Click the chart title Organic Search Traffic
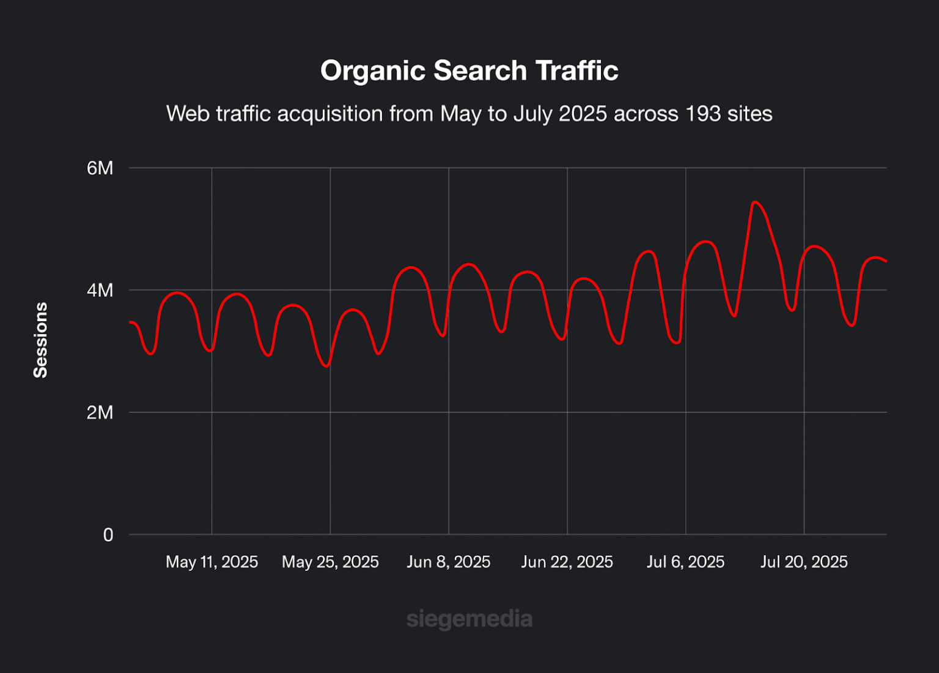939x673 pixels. point(469,70)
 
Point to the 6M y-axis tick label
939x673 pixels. point(100,168)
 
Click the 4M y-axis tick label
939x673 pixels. point(100,290)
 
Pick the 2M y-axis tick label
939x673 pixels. point(100,412)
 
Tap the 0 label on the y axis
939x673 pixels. point(108,535)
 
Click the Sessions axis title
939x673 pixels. point(40,340)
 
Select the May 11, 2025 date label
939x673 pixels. point(212,562)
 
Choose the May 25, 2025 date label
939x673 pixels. point(330,562)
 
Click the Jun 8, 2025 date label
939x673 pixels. point(449,562)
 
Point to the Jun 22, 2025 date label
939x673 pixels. point(567,562)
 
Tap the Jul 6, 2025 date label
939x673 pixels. point(685,562)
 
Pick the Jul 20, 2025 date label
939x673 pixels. point(804,562)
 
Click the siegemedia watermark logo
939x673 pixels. point(469,619)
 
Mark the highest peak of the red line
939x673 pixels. point(755,201)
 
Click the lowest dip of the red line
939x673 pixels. point(326,366)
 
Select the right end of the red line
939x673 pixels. point(886,261)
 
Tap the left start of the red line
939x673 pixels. point(130,322)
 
